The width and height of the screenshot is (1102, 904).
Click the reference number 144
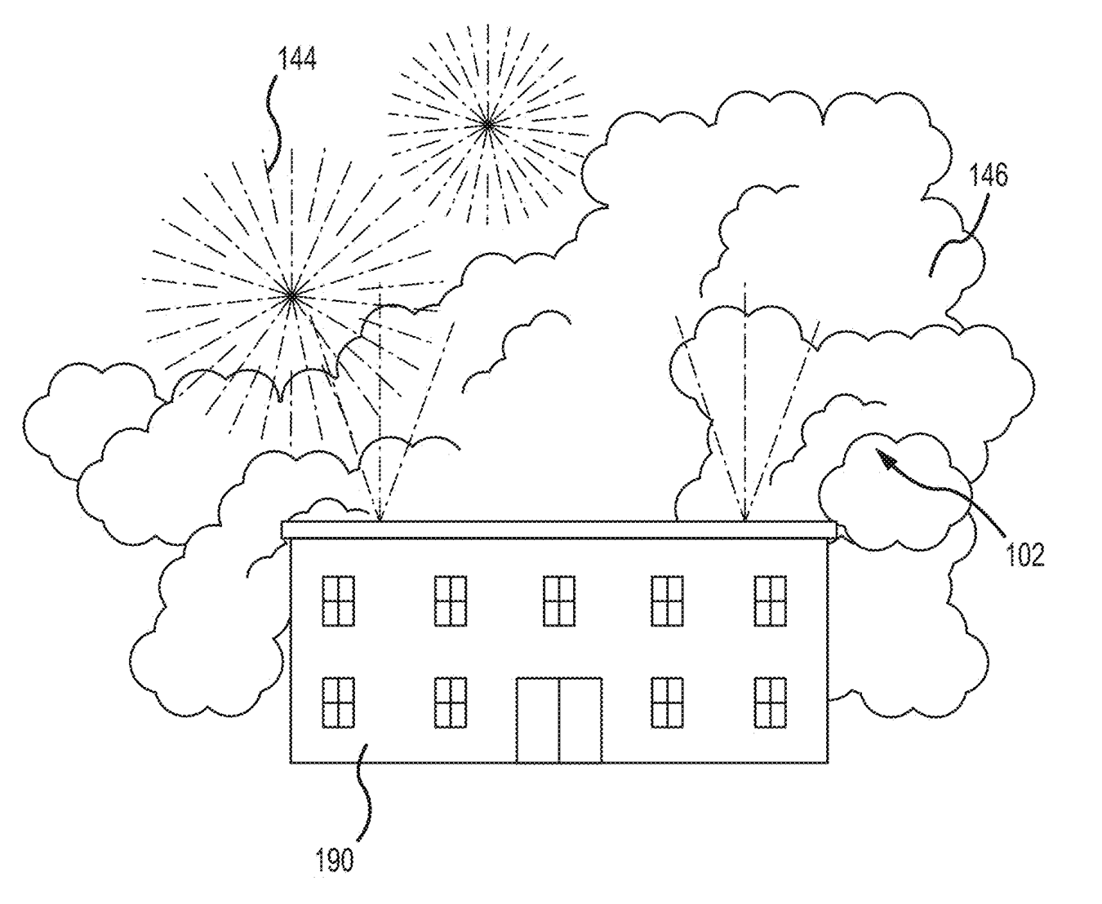pyautogui.click(x=297, y=58)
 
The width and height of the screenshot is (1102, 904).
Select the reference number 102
pyautogui.click(x=1024, y=555)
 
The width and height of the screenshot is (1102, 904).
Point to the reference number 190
pyautogui.click(x=335, y=860)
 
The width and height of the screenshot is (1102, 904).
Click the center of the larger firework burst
pyautogui.click(x=291, y=296)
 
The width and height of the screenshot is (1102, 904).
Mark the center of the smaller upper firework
pyautogui.click(x=487, y=125)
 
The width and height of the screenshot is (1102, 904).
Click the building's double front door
pyautogui.click(x=559, y=720)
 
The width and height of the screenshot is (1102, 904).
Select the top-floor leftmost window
pyautogui.click(x=338, y=601)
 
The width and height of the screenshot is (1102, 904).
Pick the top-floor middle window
pyautogui.click(x=559, y=601)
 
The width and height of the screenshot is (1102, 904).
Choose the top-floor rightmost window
pyautogui.click(x=771, y=601)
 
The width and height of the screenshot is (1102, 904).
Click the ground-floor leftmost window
pyautogui.click(x=338, y=702)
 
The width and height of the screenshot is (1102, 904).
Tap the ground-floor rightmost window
pyautogui.click(x=771, y=702)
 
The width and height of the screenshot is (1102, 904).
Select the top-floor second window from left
pyautogui.click(x=451, y=601)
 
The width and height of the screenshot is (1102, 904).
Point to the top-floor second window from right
pyautogui.click(x=667, y=601)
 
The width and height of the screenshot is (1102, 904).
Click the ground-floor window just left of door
pyautogui.click(x=451, y=702)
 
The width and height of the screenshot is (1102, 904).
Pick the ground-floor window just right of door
pyautogui.click(x=667, y=702)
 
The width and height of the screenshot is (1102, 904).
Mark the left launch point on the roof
pyautogui.click(x=380, y=521)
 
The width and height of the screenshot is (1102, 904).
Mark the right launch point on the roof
pyautogui.click(x=744, y=521)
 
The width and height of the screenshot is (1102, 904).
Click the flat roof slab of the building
pyautogui.click(x=559, y=530)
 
